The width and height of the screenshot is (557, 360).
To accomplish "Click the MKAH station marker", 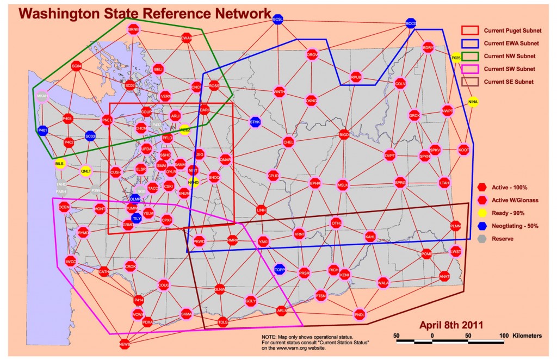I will point(42,96).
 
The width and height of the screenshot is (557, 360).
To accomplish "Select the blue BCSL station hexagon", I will point(278,20).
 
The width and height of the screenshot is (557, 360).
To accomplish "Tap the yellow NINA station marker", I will point(473,102).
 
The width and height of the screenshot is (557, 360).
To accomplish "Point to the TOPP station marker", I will point(280,269).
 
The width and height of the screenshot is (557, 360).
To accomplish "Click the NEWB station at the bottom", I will point(125,344).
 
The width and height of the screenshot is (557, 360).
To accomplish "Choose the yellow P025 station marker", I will point(456,57).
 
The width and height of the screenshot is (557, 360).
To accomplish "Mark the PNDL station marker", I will point(360,314).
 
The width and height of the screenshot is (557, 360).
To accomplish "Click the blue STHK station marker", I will point(255,122).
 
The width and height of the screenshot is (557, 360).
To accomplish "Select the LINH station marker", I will point(262,210).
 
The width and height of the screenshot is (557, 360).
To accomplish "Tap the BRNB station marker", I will point(134,29).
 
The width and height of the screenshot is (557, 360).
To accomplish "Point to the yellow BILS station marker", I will point(59,163).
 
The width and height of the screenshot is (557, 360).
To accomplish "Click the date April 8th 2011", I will point(451,325).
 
